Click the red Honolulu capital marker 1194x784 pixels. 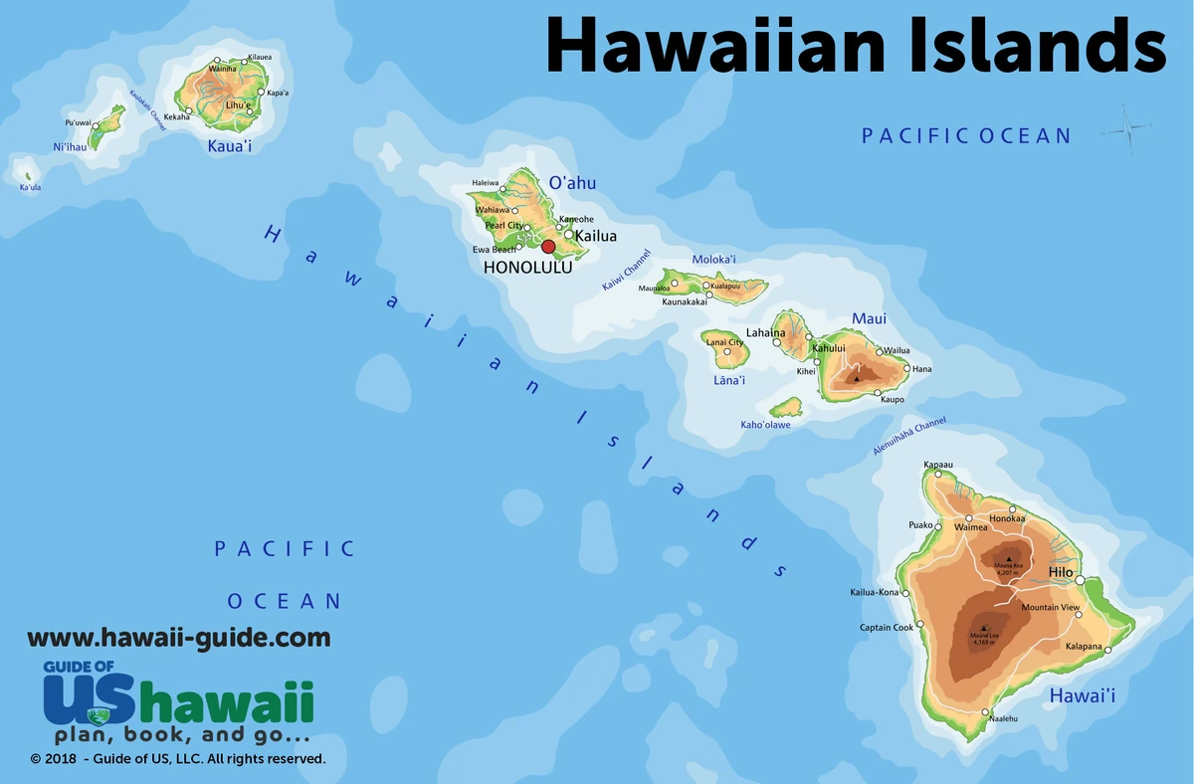pyautogui.click(x=548, y=247)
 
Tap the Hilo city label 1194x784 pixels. pyautogui.click(x=1061, y=572)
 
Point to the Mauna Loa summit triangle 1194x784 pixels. pyautogui.click(x=983, y=629)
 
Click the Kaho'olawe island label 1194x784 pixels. pyautogui.click(x=765, y=425)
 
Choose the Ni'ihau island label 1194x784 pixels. pyautogui.click(x=71, y=147)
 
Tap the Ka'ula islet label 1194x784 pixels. pyautogui.click(x=30, y=187)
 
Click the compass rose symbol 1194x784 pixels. pyautogui.click(x=1127, y=128)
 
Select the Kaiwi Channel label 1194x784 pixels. pyautogui.click(x=626, y=270)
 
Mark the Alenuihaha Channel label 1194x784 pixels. pyautogui.click(x=909, y=437)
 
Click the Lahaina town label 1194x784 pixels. pyautogui.click(x=765, y=333)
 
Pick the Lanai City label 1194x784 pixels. pyautogui.click(x=724, y=342)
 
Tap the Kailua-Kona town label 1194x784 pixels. pyautogui.click(x=874, y=592)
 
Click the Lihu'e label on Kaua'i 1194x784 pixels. pyautogui.click(x=238, y=105)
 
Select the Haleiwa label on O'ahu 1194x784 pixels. pyautogui.click(x=487, y=182)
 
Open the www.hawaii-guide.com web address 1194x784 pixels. pyautogui.click(x=178, y=638)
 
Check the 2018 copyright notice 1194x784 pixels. pyautogui.click(x=177, y=759)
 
